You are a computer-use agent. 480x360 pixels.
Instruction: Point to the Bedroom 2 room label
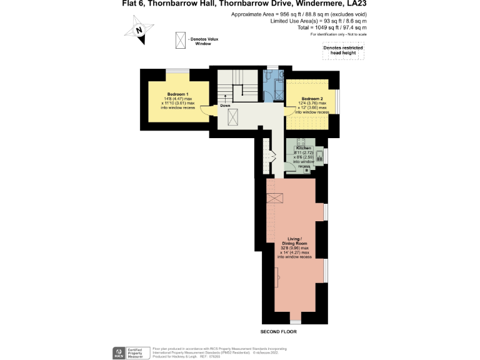coord(312,99)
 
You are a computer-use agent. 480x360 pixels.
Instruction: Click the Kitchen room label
coord(303,147)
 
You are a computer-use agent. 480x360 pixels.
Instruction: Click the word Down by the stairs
coord(225,106)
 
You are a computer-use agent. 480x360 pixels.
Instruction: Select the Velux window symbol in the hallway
coord(232,117)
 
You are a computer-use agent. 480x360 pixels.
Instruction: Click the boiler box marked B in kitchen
coord(307,170)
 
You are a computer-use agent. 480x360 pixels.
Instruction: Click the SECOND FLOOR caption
coord(279,332)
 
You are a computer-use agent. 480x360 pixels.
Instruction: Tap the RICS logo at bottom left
coord(118,352)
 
